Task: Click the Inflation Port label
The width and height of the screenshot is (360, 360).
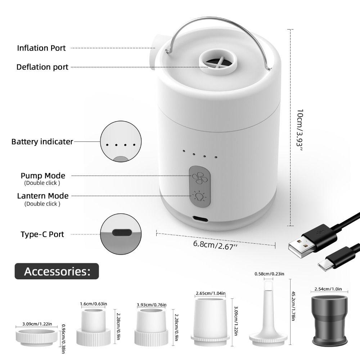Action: [41, 48]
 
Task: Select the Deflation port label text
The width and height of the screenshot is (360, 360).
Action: [42, 67]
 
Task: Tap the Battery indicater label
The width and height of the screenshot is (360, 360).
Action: [42, 142]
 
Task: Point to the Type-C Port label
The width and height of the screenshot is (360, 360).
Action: [42, 234]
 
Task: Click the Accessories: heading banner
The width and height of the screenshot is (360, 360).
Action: [57, 271]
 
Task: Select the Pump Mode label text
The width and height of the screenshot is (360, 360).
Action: [43, 176]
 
